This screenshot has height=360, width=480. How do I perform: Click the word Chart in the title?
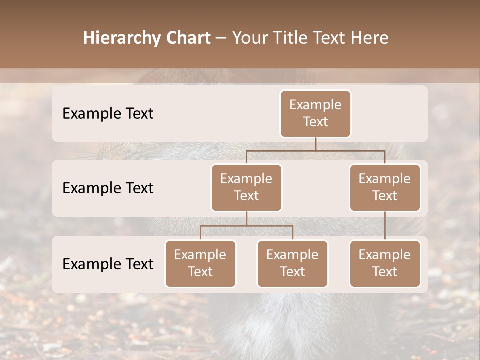(188, 38)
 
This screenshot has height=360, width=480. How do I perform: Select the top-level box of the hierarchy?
(315, 114)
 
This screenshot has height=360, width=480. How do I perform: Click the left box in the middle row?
(246, 188)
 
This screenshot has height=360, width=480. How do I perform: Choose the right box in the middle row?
(385, 188)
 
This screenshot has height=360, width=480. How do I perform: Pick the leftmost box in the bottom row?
(200, 264)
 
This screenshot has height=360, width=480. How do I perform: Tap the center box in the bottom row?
(292, 264)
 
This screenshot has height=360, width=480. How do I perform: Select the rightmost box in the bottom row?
(385, 264)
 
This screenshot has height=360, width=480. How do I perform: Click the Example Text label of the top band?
(108, 114)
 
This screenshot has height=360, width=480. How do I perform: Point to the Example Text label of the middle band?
(108, 188)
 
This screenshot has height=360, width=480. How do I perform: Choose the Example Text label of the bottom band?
(108, 264)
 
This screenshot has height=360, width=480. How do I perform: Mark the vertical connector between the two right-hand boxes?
(385, 226)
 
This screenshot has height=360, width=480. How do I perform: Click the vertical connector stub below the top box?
(315, 144)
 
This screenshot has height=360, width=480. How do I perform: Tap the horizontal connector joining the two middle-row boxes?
(315, 150)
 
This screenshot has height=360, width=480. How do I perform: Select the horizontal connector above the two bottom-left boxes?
(246, 226)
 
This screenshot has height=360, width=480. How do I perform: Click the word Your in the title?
(250, 38)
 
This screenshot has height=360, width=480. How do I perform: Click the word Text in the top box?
(315, 122)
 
